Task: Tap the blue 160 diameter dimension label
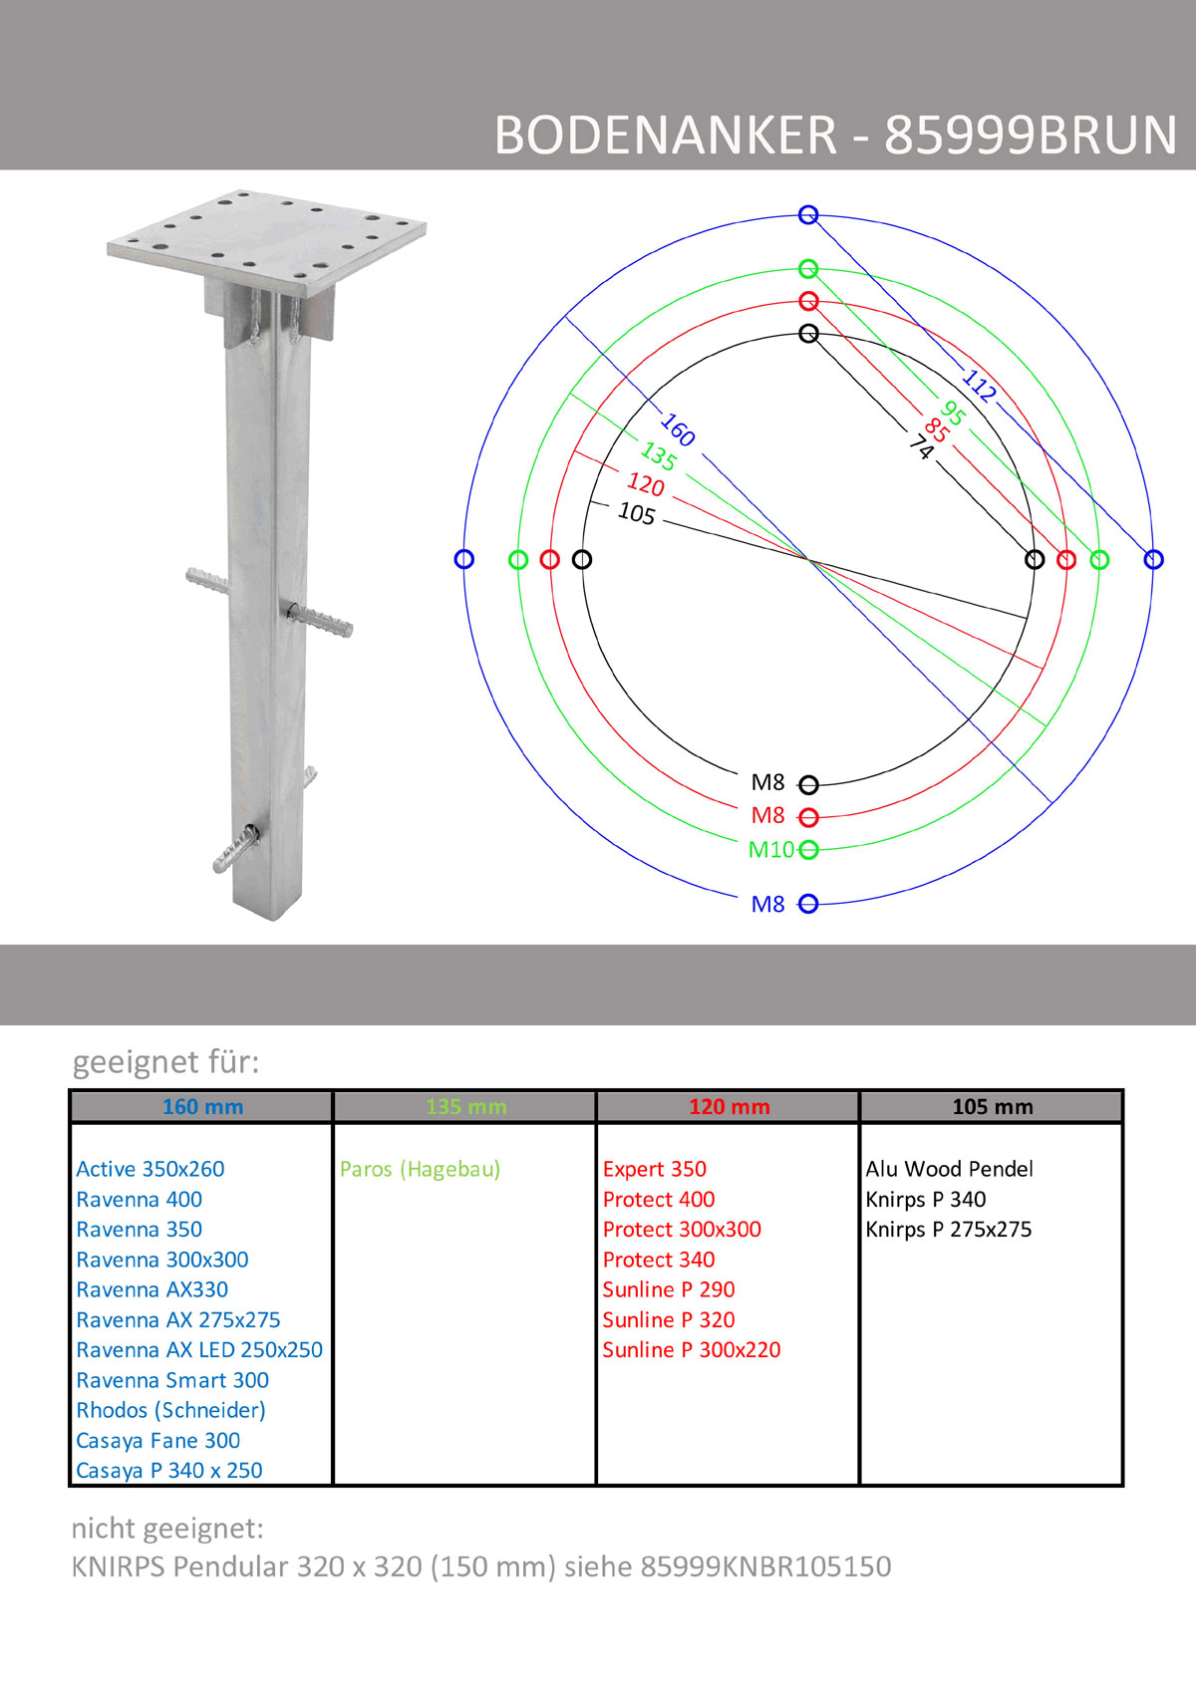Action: point(678,429)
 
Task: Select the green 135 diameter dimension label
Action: point(659,456)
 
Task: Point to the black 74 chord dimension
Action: point(921,446)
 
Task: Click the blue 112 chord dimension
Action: point(979,386)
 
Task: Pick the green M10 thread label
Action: point(771,850)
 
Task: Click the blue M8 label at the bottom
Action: point(767,904)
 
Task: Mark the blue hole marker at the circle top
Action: point(808,215)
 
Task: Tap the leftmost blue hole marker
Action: point(463,559)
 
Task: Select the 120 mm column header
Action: point(729,1106)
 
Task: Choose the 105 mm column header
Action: point(992,1106)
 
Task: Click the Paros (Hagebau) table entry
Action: point(420,1169)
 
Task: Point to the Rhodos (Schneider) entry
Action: point(170,1410)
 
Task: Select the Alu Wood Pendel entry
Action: point(949,1169)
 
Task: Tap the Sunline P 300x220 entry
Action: point(691,1349)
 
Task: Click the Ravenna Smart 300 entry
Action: point(172,1380)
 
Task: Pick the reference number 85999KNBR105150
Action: point(765,1566)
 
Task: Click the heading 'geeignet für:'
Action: point(165,1061)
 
